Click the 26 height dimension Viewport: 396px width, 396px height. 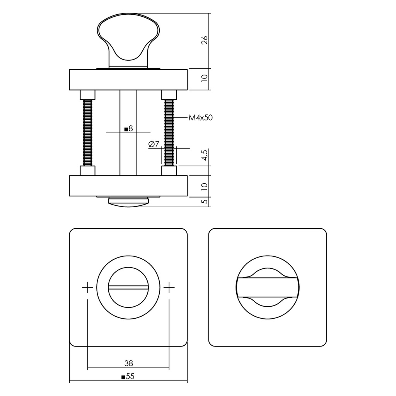pyautogui.click(x=205, y=40)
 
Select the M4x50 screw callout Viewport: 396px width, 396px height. pyautogui.click(x=201, y=118)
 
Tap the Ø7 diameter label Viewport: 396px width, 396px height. pyautogui.click(x=154, y=144)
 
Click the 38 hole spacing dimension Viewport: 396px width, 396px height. pyautogui.click(x=128, y=363)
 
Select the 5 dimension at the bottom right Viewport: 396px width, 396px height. pyautogui.click(x=205, y=201)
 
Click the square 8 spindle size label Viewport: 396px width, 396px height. pyautogui.click(x=129, y=129)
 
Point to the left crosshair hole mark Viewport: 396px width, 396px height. pyautogui.click(x=88, y=287)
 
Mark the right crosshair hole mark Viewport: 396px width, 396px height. pyautogui.click(x=169, y=287)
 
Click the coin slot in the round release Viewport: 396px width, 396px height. pyautogui.click(x=128, y=287)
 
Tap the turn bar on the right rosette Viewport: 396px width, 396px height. pyautogui.click(x=268, y=287)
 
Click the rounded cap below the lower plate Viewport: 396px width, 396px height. pyautogui.click(x=128, y=201)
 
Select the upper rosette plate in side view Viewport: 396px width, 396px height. pyautogui.click(x=128, y=79)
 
